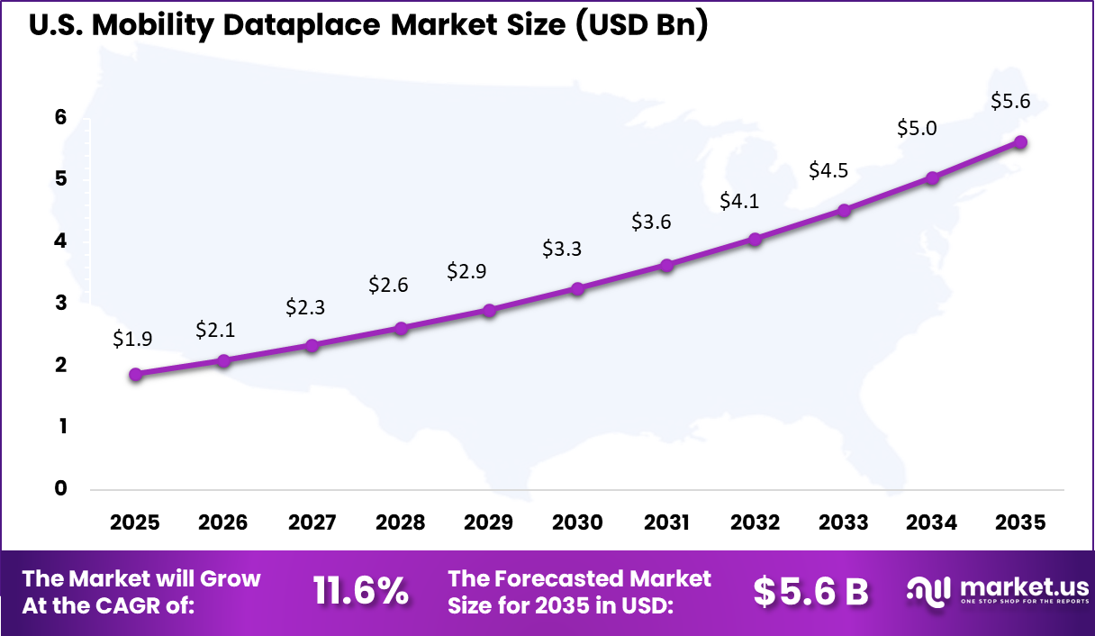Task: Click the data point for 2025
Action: [135, 375]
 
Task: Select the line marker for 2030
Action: [577, 289]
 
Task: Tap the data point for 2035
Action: [1020, 142]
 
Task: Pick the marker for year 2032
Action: [755, 240]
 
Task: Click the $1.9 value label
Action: [132, 339]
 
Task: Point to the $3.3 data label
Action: [562, 249]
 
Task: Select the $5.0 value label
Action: [917, 128]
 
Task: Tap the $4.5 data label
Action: [828, 170]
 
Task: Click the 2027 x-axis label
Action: [312, 522]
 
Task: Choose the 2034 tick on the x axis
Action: [932, 522]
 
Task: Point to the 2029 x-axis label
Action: [489, 522]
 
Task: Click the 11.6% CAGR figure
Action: [360, 591]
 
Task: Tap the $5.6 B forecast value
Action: [810, 591]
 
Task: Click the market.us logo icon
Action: [928, 591]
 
